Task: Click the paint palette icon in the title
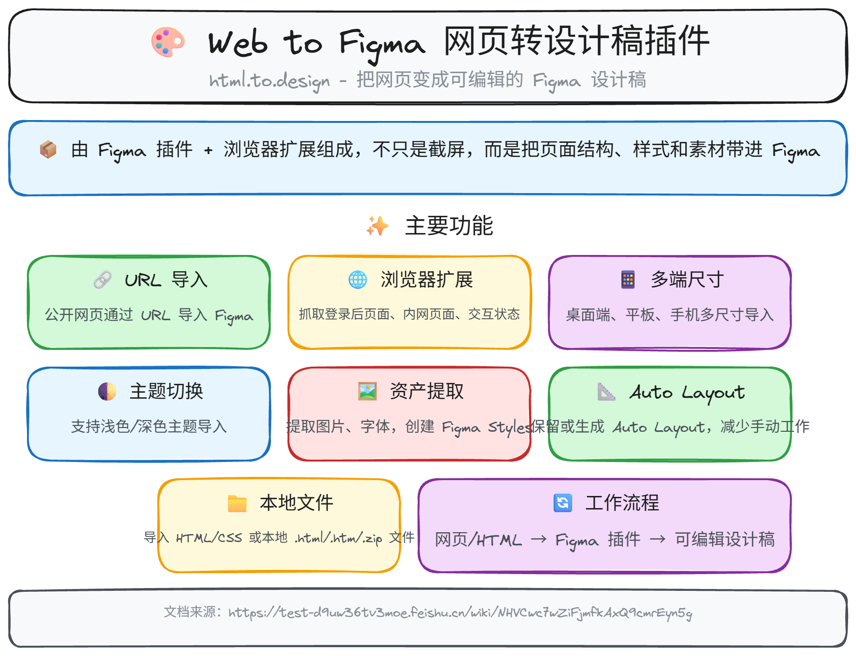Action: (168, 42)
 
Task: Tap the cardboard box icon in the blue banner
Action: (48, 149)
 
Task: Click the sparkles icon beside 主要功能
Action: (377, 226)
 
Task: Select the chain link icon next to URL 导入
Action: (103, 280)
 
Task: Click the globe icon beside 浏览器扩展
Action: (358, 280)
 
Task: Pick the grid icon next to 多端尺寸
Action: (628, 280)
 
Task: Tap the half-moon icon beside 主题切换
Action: (107, 391)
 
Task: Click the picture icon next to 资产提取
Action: (367, 391)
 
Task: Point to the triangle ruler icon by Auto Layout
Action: (607, 391)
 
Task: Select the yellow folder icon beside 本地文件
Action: (237, 503)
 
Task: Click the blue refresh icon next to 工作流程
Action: (563, 503)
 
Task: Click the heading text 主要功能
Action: (449, 226)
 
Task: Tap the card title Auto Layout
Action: (687, 393)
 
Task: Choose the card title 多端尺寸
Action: (687, 280)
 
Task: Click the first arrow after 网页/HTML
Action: (539, 539)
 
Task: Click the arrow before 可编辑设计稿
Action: (657, 539)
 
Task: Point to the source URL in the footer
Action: (460, 613)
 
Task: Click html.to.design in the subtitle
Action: (269, 81)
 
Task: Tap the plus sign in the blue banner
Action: (208, 150)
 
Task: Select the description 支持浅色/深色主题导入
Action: (149, 426)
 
